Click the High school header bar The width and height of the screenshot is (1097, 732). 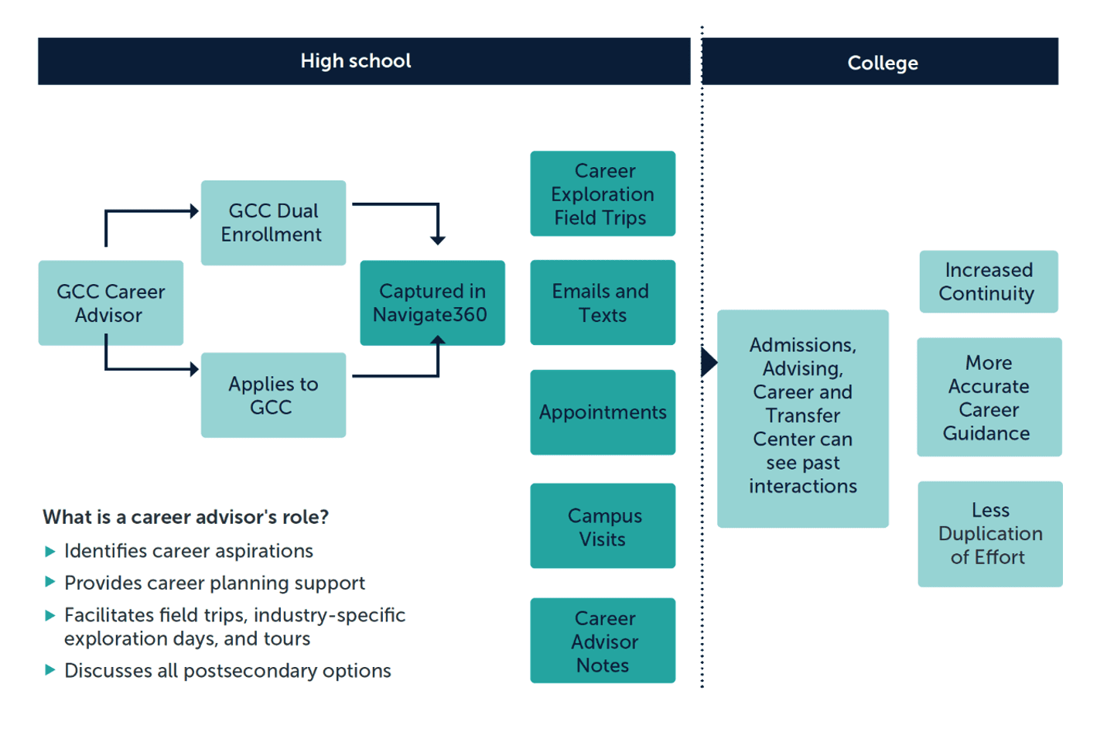click(364, 61)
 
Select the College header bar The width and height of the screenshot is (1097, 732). click(880, 62)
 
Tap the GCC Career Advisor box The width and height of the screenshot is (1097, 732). click(111, 303)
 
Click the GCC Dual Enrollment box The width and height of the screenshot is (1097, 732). click(273, 223)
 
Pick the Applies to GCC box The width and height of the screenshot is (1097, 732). click(273, 395)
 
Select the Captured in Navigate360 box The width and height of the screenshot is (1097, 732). click(432, 303)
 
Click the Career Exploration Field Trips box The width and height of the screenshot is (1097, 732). click(603, 194)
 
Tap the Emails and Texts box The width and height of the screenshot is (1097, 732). click(603, 303)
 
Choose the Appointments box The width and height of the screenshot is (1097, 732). click(603, 412)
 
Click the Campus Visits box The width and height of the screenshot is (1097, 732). click(603, 526)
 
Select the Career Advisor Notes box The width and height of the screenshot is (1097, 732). click(603, 641)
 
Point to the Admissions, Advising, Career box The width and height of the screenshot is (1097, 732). click(802, 419)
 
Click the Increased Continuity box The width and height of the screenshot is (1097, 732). click(988, 282)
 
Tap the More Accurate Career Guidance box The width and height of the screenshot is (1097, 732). click(989, 397)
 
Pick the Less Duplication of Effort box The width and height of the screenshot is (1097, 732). click(989, 534)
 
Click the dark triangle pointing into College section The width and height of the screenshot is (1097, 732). click(708, 362)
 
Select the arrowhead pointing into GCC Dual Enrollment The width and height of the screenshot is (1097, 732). click(194, 211)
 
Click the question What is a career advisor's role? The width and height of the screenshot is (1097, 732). click(186, 517)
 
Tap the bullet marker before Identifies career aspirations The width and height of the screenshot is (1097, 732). click(50, 552)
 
